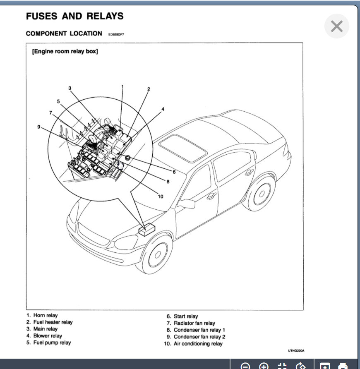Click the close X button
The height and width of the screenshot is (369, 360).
pos(337,26)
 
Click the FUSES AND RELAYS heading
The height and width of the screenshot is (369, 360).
pos(74,17)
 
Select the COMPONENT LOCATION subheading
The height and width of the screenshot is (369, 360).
pos(64,34)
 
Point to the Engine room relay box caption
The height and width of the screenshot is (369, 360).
pos(65,52)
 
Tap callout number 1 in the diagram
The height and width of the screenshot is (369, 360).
pos(122,86)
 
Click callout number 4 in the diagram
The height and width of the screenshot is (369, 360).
pos(163,109)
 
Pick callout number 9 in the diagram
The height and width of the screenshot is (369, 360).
pos(39,127)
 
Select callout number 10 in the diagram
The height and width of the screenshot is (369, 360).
pos(161,196)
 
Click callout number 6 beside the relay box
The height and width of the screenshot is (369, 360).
pos(174,172)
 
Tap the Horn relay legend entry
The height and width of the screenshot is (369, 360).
pos(45,315)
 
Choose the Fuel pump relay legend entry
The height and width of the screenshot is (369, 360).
pos(52,343)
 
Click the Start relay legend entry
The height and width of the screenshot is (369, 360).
pos(185,316)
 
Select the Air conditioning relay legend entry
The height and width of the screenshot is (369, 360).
pos(198,344)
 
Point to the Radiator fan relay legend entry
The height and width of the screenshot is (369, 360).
pos(194,323)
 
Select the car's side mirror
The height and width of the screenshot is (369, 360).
pos(187,204)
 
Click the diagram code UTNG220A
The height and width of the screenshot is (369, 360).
pos(296,351)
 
